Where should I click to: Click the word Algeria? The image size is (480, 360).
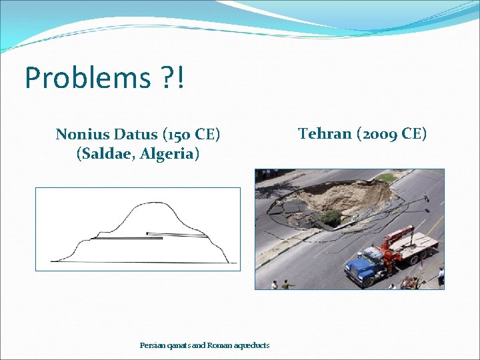pos(169,155)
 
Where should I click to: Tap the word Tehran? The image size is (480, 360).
pos(325,133)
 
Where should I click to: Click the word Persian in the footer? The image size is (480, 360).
pos(152,345)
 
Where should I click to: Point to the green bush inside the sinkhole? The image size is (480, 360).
pos(331,217)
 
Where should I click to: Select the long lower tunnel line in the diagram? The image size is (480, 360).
pos(127,238)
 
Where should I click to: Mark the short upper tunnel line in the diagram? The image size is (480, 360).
pos(175,233)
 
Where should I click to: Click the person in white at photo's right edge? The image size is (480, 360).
pos(440,275)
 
